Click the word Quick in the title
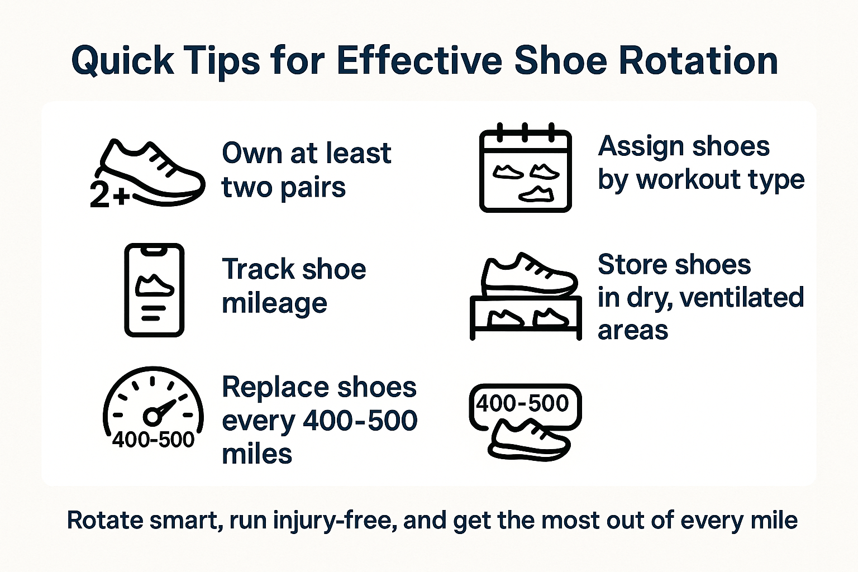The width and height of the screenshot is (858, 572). tap(122, 62)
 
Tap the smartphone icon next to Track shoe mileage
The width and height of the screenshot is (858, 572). tap(154, 290)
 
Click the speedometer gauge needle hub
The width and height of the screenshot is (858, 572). tap(152, 417)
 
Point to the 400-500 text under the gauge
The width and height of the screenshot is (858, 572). tap(153, 440)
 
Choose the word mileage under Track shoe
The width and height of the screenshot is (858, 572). tap(275, 303)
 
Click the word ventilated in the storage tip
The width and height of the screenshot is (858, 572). tap(742, 297)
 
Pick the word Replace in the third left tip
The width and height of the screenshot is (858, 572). tap(275, 388)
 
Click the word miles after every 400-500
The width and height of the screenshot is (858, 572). tap(257, 454)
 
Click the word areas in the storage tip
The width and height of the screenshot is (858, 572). tap(633, 330)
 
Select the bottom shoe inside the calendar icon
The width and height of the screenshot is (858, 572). tap(536, 194)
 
